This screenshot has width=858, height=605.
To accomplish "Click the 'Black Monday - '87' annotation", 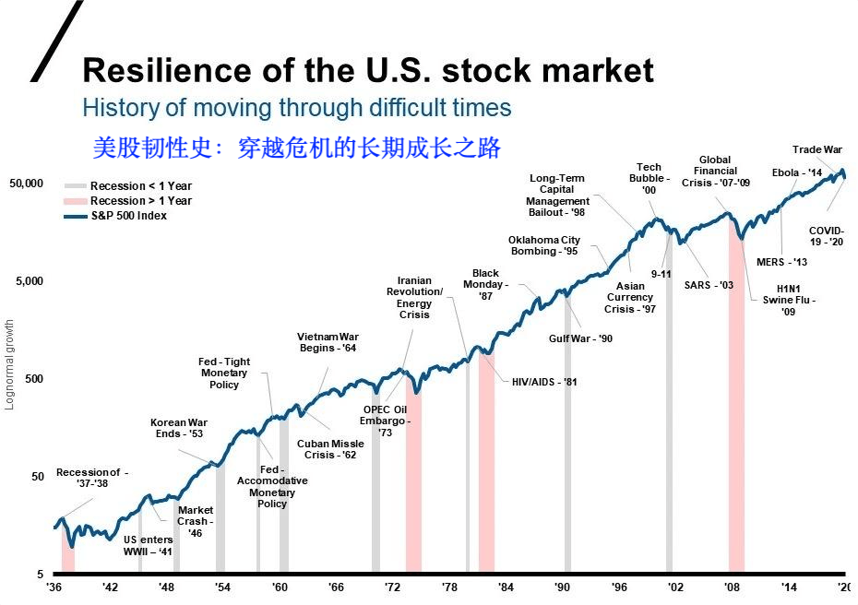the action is (x=485, y=284).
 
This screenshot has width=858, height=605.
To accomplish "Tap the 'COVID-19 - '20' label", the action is (x=827, y=236).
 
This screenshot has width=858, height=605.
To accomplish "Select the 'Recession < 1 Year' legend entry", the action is (x=128, y=186).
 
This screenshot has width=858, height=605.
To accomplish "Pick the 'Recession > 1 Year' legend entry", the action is (x=128, y=201).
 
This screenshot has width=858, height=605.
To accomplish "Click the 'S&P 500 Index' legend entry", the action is (x=115, y=216).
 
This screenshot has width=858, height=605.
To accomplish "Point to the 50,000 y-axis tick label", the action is (x=26, y=184).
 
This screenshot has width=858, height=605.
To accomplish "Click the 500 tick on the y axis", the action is (x=34, y=378).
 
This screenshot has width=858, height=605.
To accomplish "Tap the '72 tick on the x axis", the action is (x=392, y=587).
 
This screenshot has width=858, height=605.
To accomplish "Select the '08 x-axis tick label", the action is (x=733, y=587).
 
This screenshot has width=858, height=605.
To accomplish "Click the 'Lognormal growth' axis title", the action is (x=8, y=365).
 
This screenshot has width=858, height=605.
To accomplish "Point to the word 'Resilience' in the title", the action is (x=167, y=71).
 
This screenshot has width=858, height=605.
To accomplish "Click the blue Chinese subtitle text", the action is (x=296, y=148).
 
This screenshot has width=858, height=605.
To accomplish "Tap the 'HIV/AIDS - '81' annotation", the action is (x=544, y=382).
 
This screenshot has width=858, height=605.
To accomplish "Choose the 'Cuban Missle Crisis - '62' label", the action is (x=330, y=449).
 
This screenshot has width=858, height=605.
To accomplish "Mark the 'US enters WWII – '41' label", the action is (x=148, y=545).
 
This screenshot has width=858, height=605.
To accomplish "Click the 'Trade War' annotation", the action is (x=817, y=149).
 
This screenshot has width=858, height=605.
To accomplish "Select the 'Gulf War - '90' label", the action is (x=580, y=338).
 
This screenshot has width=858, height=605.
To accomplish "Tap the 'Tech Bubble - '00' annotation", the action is (x=649, y=178).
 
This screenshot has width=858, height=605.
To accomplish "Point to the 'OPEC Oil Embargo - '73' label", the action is (x=386, y=421).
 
